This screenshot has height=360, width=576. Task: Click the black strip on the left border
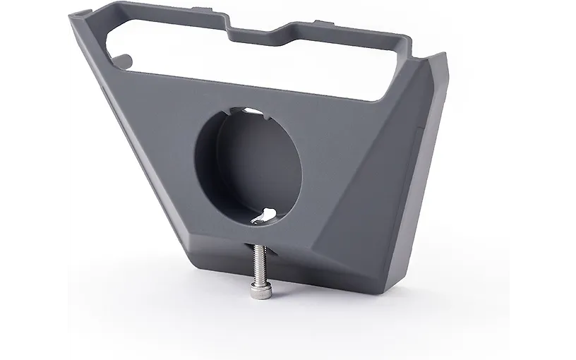(x=34, y=180)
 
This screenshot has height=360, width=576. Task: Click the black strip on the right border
(x=544, y=180)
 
